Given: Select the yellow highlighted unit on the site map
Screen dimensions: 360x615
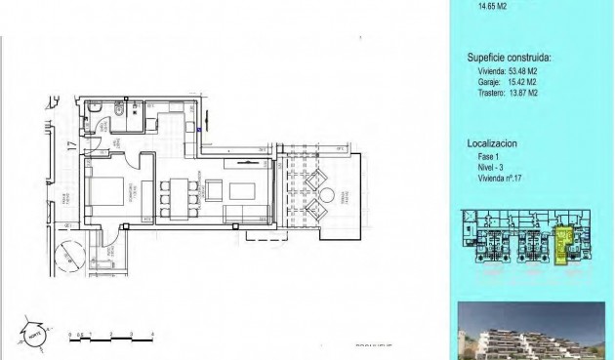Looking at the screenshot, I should [563, 245].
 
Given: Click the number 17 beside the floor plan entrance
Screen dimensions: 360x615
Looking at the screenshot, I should [70, 148].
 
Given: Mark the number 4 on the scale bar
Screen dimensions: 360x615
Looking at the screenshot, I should [153, 335].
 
